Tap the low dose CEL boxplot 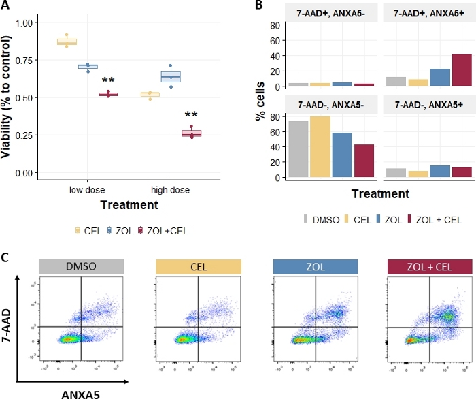[x=67, y=42]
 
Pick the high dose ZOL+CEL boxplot [x=191, y=133]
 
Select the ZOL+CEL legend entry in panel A [x=163, y=231]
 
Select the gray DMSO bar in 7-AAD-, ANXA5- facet [x=298, y=149]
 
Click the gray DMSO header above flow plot [x=82, y=267]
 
